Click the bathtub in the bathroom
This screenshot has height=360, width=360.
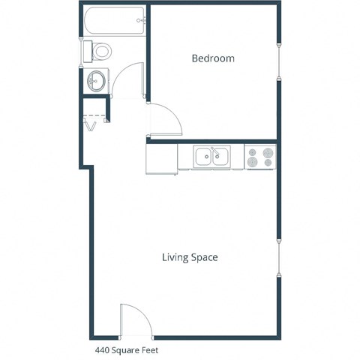click(x=113, y=21)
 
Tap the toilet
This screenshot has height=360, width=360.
click(x=98, y=52)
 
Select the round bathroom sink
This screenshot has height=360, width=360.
click(x=97, y=81)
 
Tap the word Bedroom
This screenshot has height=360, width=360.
click(x=213, y=58)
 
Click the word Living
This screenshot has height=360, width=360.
click(x=175, y=257)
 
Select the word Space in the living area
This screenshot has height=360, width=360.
click(x=204, y=257)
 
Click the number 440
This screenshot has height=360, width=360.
click(x=102, y=349)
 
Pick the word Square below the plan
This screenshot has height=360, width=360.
click(x=127, y=349)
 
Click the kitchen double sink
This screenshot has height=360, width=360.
click(x=211, y=157)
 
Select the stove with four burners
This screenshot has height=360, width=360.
click(x=260, y=157)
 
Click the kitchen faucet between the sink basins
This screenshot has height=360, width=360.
click(x=211, y=149)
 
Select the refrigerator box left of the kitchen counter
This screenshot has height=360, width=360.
click(x=161, y=158)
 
